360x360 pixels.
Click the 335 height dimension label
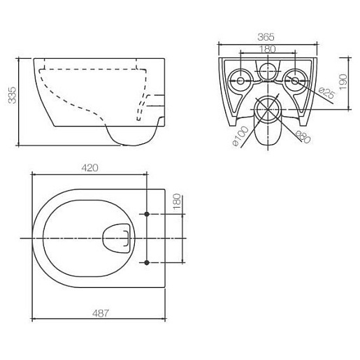(12, 95)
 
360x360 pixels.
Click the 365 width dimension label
(266, 37)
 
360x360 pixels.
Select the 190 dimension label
(343, 82)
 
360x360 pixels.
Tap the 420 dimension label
(89, 168)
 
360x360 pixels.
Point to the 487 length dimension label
(101, 313)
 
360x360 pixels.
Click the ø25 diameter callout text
(327, 93)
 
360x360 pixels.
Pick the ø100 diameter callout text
(240, 136)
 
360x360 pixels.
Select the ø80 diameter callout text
(303, 136)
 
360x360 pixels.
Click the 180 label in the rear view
(267, 49)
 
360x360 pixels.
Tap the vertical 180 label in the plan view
(177, 201)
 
